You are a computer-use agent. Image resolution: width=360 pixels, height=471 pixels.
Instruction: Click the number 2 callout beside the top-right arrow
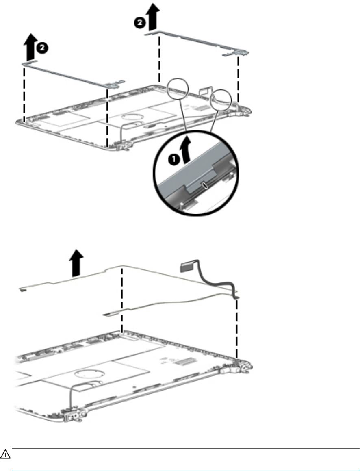pyautogui.click(x=139, y=23)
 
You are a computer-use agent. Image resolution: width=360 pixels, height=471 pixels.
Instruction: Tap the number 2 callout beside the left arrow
pyautogui.click(x=42, y=48)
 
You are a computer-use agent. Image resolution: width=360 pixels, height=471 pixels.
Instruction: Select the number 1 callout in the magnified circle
pyautogui.click(x=173, y=159)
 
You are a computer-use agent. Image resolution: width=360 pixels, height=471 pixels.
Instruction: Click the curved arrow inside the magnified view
pyautogui.click(x=187, y=150)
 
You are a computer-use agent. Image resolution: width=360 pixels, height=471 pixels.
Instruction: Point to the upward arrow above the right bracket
pyautogui.click(x=153, y=17)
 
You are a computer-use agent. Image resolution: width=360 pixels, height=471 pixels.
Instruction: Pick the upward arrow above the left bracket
pyautogui.click(x=30, y=47)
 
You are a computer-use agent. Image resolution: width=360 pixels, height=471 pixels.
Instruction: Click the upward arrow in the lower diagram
pyautogui.click(x=76, y=263)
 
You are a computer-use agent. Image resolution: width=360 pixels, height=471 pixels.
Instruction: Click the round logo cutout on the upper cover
pyautogui.click(x=130, y=117)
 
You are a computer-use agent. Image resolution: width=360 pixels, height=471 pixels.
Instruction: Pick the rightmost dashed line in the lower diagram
pyautogui.click(x=237, y=328)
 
